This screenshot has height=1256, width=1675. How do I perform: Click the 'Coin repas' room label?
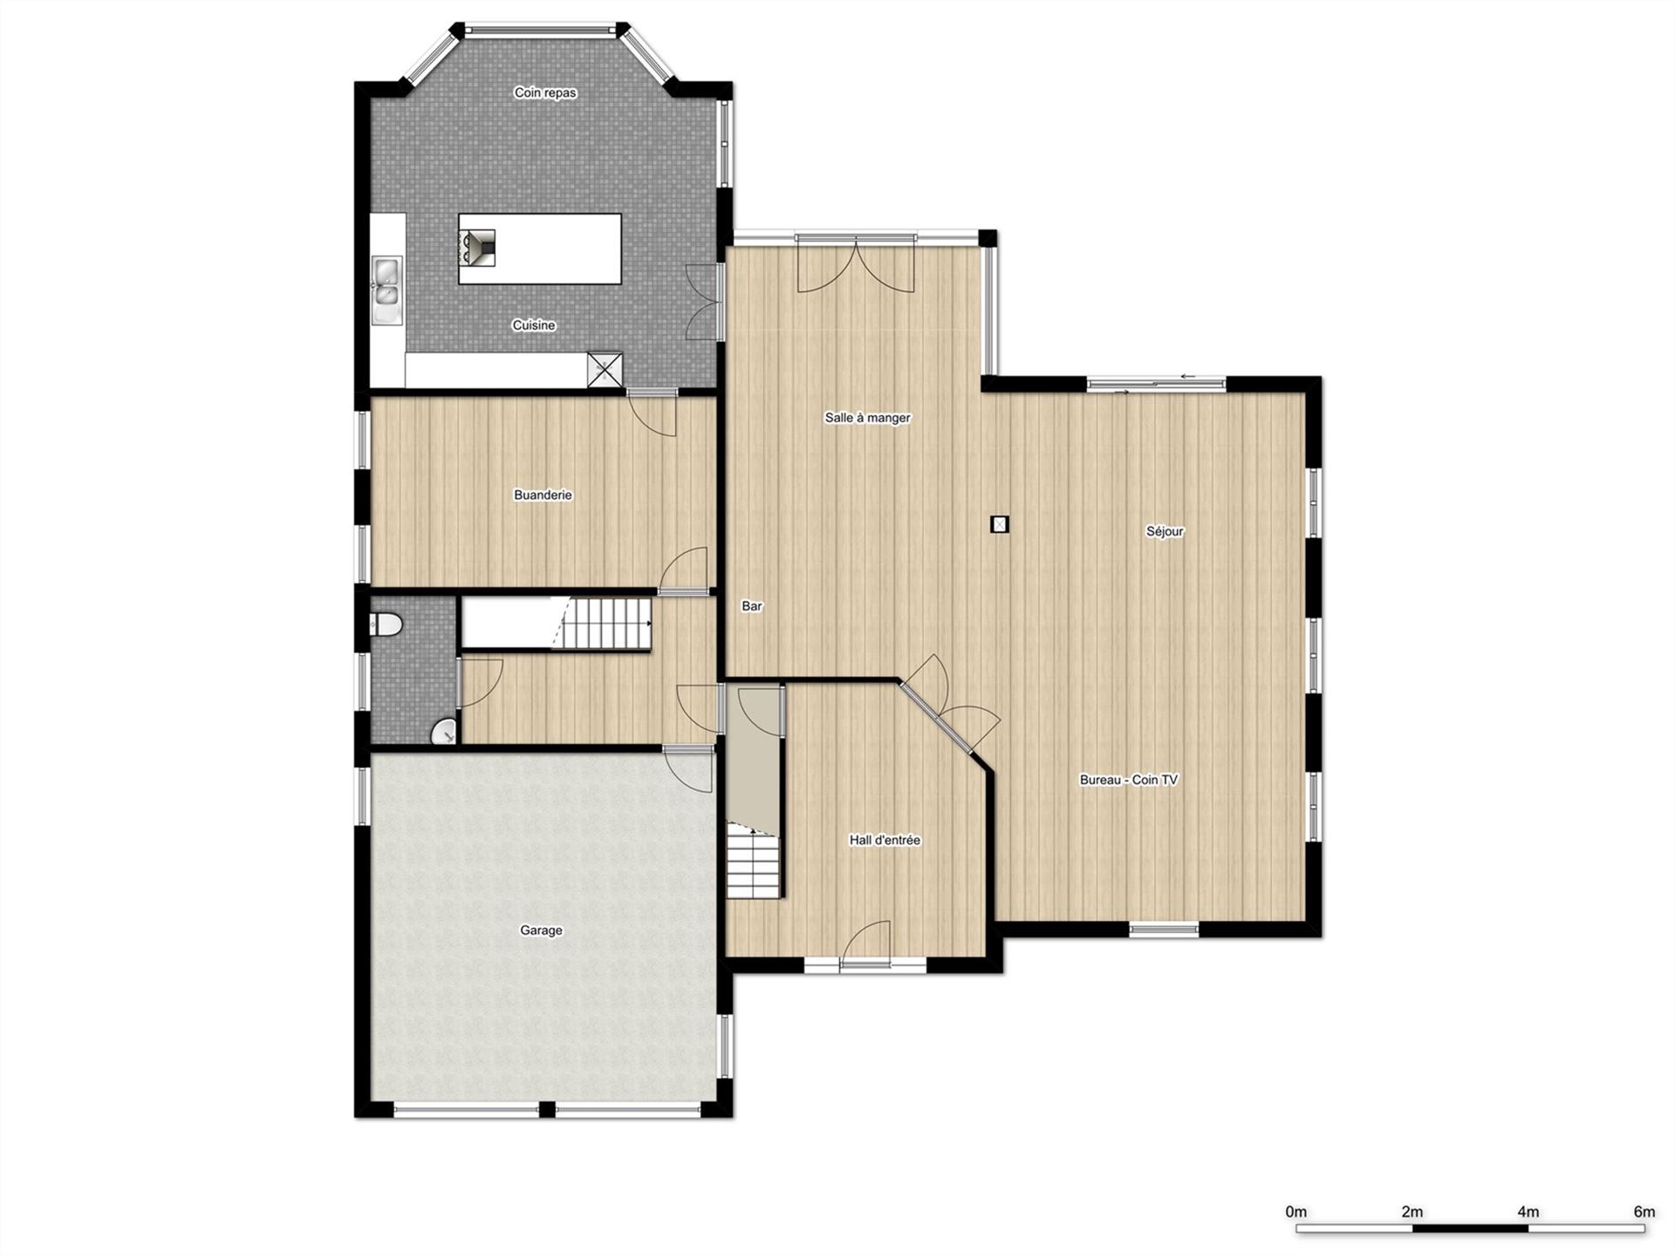tap(545, 93)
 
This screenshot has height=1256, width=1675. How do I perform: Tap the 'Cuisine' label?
tap(534, 325)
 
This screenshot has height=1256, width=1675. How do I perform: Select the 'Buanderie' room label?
tap(543, 495)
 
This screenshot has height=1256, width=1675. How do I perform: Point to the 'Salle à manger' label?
tap(867, 418)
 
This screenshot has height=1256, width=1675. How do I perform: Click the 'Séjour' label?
tap(1165, 531)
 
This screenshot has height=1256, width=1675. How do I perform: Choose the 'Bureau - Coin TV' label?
tap(1129, 780)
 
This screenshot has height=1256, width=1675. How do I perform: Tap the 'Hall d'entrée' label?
tap(885, 840)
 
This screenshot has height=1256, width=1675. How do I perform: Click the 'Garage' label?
tap(541, 931)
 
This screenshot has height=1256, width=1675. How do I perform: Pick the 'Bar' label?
tap(752, 606)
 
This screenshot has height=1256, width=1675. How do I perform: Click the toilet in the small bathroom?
tap(386, 625)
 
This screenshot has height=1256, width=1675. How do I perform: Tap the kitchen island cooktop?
tap(477, 248)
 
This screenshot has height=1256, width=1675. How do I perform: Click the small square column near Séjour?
tap(1000, 524)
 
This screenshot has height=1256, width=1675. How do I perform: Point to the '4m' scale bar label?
tap(1528, 1212)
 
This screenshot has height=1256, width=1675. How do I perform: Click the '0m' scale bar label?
tap(1296, 1212)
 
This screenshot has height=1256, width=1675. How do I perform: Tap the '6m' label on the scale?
tap(1644, 1212)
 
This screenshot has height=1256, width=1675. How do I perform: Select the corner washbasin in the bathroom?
tap(445, 732)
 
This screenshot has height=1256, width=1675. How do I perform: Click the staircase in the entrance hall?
tap(754, 861)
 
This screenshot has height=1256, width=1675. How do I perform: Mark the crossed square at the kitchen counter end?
tap(605, 369)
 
